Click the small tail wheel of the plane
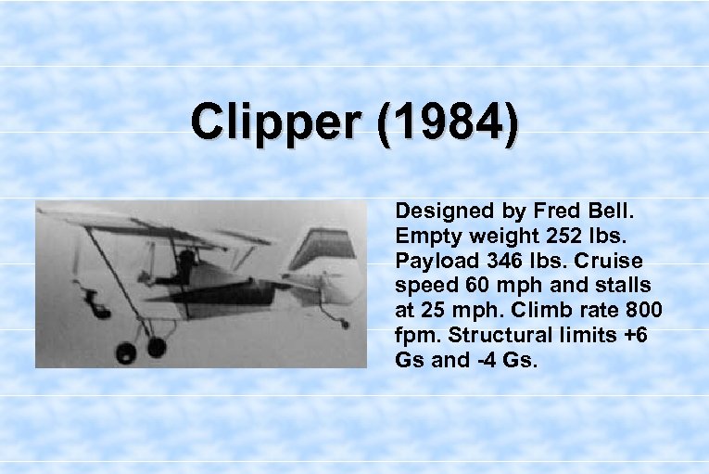[x=344, y=324]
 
